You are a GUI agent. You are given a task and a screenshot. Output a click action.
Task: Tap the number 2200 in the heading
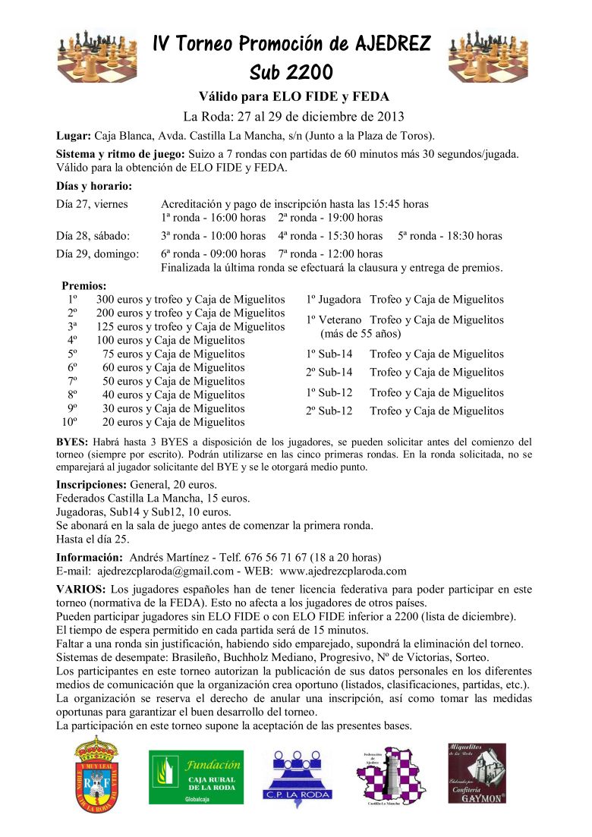pos(310,73)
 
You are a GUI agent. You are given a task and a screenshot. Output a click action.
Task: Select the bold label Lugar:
pos(74,137)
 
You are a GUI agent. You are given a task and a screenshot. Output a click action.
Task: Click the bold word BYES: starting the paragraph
pos(72,442)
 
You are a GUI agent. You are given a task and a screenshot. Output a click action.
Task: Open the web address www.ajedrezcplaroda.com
pos(343,571)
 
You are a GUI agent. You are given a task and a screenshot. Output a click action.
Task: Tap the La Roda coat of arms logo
pos(96,775)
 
